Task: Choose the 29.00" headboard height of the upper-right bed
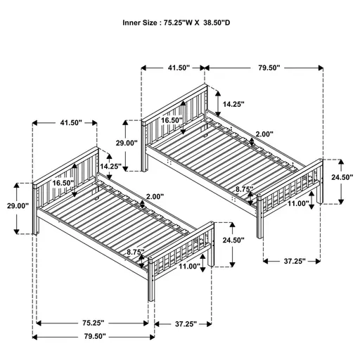[127, 143]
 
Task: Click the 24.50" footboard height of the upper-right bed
[341, 177]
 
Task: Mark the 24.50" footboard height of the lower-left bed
[233, 240]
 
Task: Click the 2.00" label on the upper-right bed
[264, 134]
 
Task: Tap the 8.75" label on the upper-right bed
[245, 188]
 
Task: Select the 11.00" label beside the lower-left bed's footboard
[188, 266]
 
